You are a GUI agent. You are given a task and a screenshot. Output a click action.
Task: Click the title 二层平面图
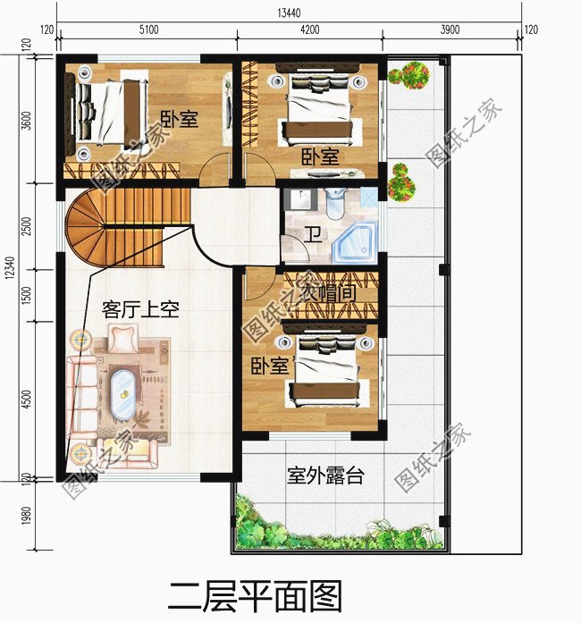coord(255,594)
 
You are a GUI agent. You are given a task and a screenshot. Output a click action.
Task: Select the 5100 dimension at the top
coord(147,29)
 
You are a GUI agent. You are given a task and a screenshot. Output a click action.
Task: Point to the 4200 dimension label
coord(309,29)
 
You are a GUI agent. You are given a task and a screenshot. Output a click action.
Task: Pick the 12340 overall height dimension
coord(10,268)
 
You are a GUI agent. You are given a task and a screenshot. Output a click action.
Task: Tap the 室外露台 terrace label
coord(325,476)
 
